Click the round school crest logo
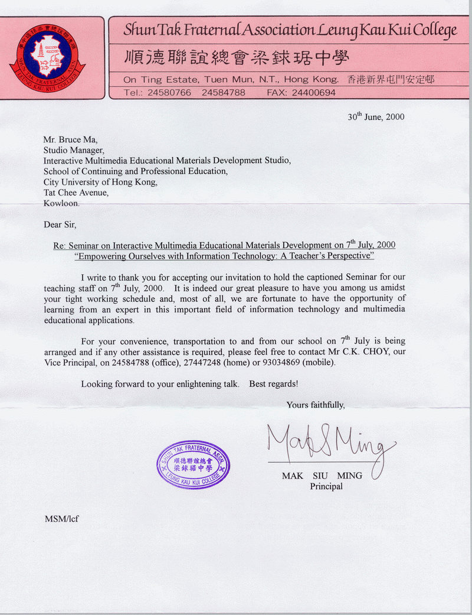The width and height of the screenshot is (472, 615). pos(47,57)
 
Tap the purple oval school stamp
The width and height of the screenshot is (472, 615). pos(193,464)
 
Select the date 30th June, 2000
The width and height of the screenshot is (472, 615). pos(376,116)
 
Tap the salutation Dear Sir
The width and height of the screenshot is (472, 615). pos(60,224)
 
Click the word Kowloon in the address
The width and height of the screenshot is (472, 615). pos(61,203)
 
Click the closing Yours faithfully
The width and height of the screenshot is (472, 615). pos(316,405)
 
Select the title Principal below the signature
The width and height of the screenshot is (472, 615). pos(326,487)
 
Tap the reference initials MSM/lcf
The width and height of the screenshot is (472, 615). pos(62,519)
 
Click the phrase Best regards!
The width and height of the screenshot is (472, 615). pos(274,383)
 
